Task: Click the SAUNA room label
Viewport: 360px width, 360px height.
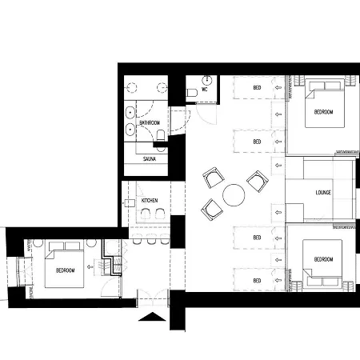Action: coord(150,159)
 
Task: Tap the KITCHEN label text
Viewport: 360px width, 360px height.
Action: coord(150,200)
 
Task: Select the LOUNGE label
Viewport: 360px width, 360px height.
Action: coord(323,192)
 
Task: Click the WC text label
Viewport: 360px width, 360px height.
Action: coord(205,90)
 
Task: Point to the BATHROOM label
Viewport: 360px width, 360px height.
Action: coord(150,122)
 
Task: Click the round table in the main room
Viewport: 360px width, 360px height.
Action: coord(234,195)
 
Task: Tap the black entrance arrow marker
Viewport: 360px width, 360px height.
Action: coord(152,316)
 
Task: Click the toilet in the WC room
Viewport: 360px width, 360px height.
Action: coord(192,93)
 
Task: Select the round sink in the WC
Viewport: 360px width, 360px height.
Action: coord(207,79)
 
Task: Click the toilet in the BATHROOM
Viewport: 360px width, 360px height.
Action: coord(161,135)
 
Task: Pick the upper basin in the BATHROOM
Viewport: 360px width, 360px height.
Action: coord(130,113)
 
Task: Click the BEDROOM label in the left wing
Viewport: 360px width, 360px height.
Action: coord(66,270)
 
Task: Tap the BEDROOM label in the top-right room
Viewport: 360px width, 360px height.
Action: coord(323,112)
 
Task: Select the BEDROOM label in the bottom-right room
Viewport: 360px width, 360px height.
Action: coord(323,259)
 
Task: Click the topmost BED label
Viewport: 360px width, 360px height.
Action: coord(257,87)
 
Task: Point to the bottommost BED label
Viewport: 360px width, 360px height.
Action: coord(257,281)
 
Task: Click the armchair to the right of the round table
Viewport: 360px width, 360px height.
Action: coord(258,182)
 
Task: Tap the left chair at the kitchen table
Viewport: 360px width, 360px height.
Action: coord(146,214)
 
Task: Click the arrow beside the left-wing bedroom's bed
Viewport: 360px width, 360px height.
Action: coord(90,266)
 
